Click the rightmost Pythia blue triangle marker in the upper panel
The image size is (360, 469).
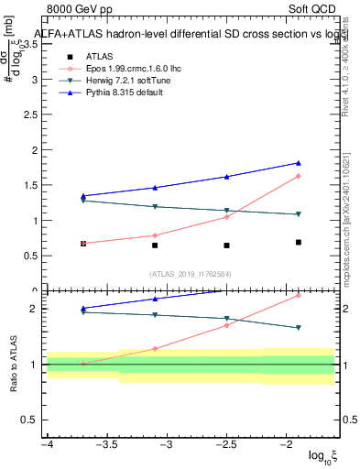299,163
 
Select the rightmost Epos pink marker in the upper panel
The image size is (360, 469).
299,176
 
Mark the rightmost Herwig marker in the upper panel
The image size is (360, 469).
299,214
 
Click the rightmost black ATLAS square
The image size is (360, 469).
299,242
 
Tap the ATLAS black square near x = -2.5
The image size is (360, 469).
226,245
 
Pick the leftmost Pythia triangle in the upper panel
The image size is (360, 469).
83,196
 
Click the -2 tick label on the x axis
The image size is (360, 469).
287,444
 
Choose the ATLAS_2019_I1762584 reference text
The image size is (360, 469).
191,273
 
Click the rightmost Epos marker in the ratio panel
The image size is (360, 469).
299,295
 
